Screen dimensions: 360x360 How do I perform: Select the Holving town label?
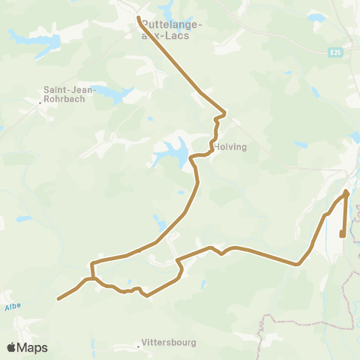coord(230,147)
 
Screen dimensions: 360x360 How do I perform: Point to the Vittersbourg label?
coord(169,343)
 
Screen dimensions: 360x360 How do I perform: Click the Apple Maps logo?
coord(27,347)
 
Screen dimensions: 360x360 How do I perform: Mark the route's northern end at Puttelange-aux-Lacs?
coord(139,16)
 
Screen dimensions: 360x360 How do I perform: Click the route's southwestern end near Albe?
coord(58,298)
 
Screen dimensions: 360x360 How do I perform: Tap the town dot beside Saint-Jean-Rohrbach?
coord(40,104)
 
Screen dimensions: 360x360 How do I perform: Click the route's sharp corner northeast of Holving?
coord(224,114)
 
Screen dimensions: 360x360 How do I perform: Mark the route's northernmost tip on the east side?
coord(346,192)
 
